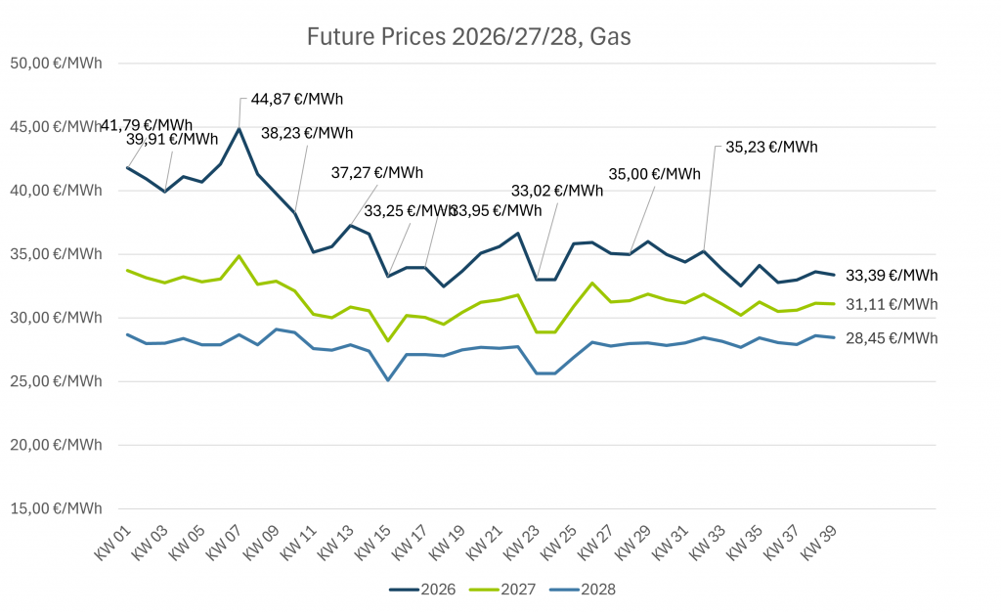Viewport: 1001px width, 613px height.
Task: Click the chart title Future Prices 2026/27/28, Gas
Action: (469, 37)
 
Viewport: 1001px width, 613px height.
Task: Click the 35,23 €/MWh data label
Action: (771, 148)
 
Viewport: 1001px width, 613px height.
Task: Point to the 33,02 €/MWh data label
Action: (557, 191)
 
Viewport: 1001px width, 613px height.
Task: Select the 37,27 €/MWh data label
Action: (377, 173)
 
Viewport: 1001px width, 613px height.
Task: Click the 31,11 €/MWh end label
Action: (892, 305)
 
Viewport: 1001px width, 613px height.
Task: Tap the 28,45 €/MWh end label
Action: (892, 338)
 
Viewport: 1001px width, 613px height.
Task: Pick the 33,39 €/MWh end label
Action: (892, 275)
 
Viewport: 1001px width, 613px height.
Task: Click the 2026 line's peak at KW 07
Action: (239, 128)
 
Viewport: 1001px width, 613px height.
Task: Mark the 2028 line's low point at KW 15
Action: (388, 380)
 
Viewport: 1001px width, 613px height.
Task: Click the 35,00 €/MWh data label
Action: (655, 174)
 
